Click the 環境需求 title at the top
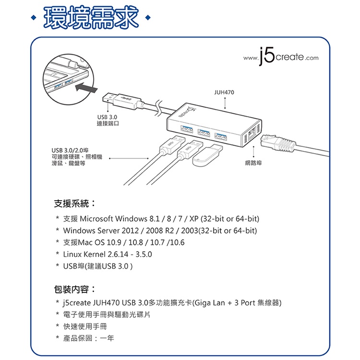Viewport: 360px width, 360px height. tap(91, 18)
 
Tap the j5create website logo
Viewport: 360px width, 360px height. tap(281, 56)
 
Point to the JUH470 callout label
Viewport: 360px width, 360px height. tap(224, 92)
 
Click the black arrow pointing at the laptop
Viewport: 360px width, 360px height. tap(86, 88)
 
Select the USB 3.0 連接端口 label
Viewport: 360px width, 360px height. tap(108, 120)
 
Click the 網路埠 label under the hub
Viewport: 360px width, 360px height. tap(253, 163)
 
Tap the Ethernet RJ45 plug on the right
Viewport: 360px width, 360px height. tap(278, 143)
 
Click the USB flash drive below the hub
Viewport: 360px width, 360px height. tap(207, 155)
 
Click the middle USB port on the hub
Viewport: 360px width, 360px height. tap(204, 133)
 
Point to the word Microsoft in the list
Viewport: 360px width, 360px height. tap(96, 218)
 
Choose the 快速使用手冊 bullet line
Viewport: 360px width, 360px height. tap(85, 326)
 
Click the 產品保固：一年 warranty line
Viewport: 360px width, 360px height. tap(88, 338)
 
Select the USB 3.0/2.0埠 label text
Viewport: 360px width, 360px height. tap(70, 150)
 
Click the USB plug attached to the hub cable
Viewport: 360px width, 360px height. tap(122, 101)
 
